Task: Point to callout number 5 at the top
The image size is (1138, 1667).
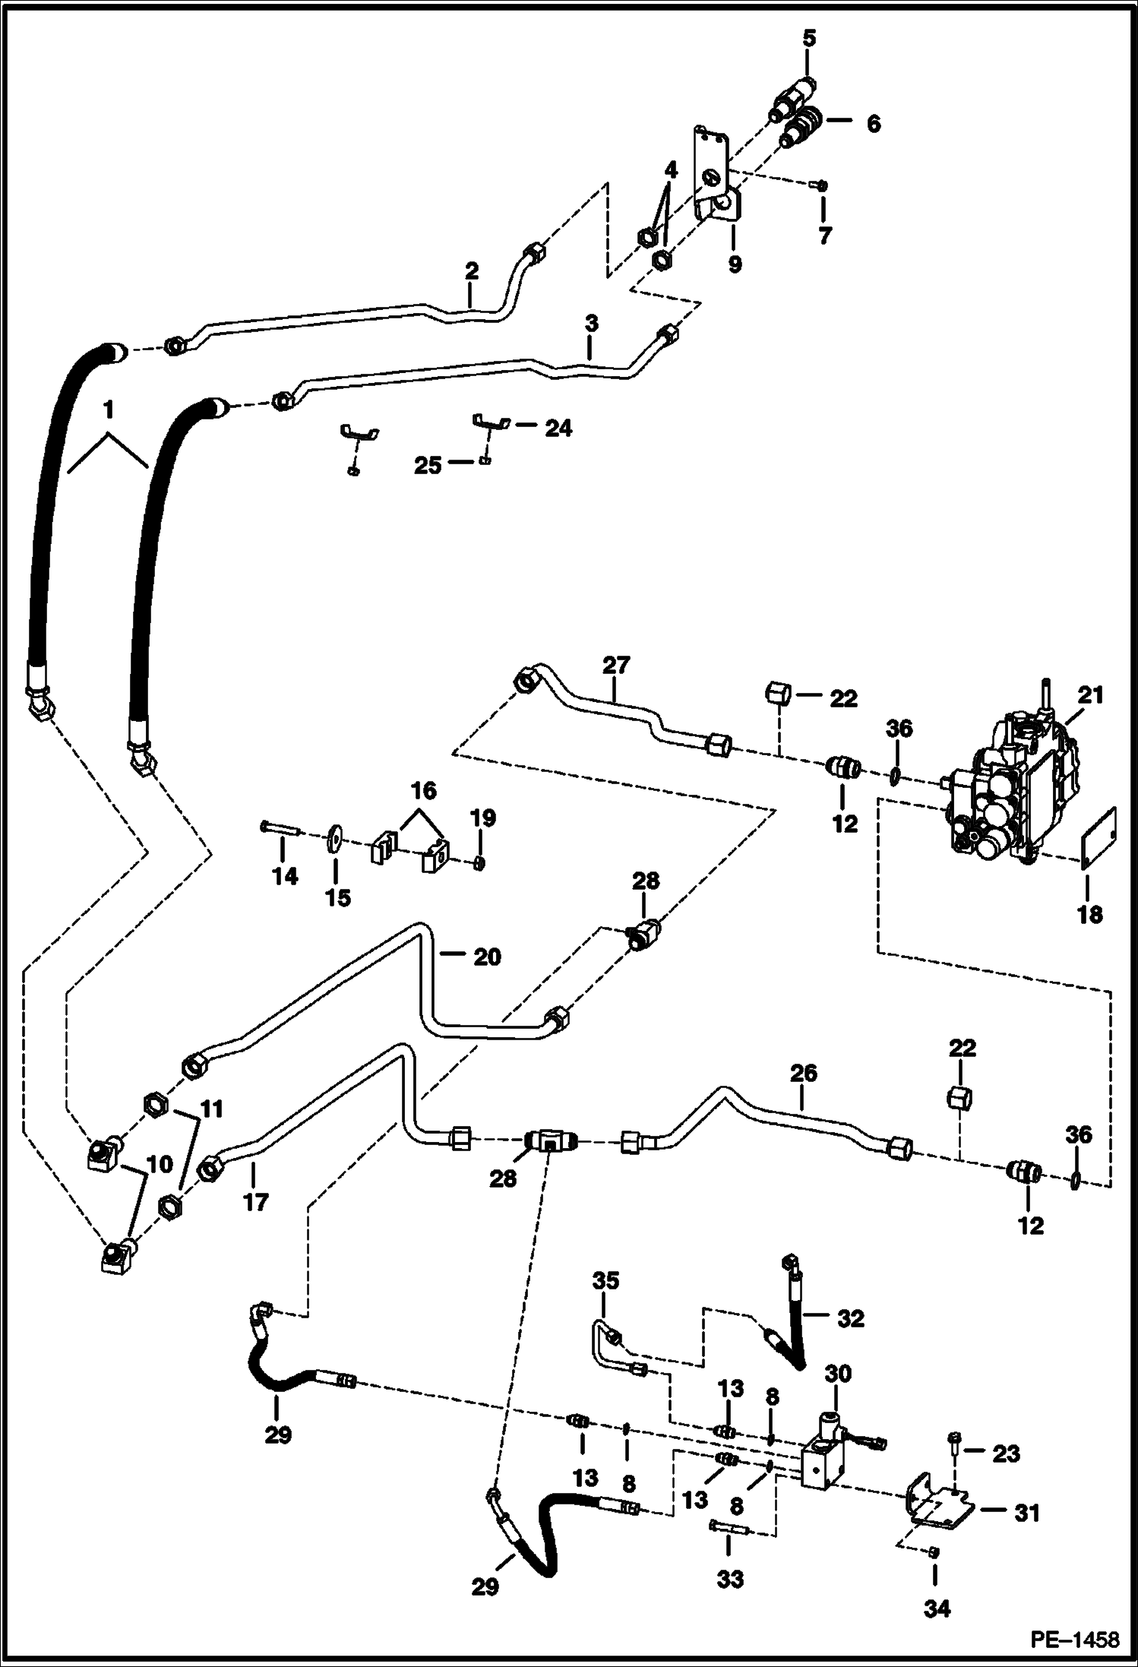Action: click(809, 38)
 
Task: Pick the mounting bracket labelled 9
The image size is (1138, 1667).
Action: click(716, 179)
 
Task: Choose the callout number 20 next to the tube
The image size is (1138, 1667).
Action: click(487, 956)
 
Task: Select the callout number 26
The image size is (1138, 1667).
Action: click(803, 1073)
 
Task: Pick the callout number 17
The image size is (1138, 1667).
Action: click(256, 1202)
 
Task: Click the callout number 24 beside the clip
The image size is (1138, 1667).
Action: click(558, 428)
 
